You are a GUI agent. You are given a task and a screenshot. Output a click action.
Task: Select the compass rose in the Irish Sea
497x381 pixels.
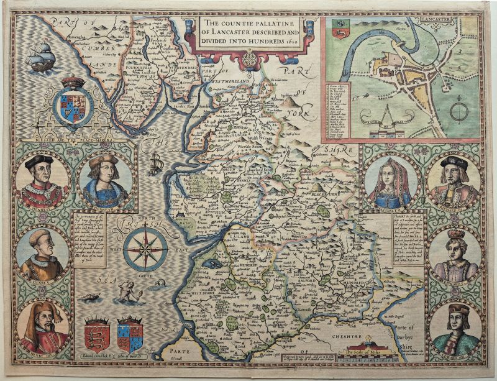click(145, 250)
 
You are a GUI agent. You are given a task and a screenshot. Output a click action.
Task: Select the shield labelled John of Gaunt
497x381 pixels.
click(130, 336)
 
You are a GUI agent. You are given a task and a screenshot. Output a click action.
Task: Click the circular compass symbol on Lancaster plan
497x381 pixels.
click(460, 112)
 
